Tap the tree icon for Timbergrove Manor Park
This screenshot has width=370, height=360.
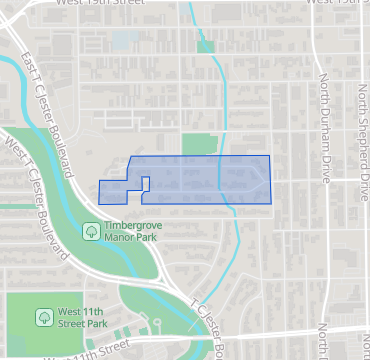[91, 231]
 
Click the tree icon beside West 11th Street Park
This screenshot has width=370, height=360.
[45, 317]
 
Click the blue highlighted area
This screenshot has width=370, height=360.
[200, 180]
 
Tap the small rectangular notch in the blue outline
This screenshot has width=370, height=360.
[145, 184]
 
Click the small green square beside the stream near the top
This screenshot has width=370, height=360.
[205, 45]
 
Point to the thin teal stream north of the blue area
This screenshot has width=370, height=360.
[219, 100]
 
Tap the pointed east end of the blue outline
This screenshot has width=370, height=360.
[270, 180]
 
